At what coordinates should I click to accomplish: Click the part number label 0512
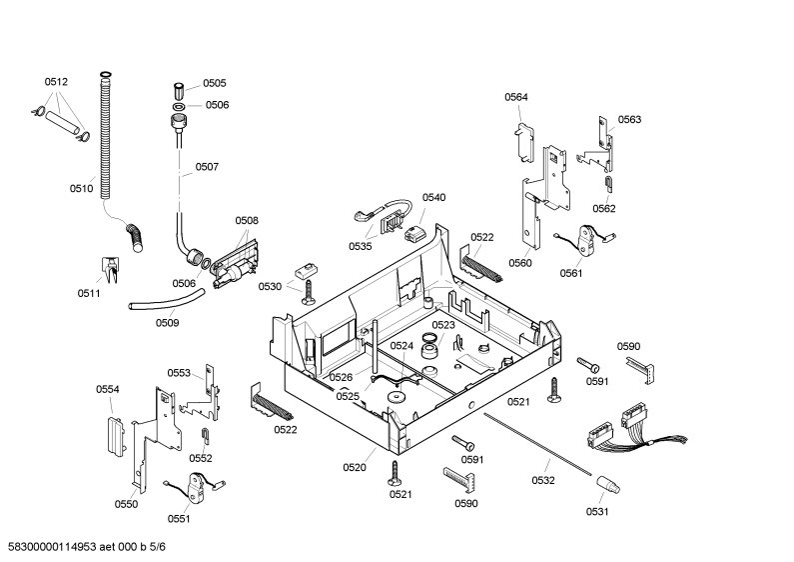point(56,82)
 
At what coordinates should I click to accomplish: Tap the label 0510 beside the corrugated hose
point(82,189)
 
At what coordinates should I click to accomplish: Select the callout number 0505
point(215,83)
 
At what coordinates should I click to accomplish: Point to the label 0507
point(207,167)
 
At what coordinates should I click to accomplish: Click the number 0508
point(247,221)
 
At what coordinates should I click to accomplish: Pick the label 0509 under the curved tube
point(167,323)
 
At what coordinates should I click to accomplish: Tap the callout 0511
point(89,293)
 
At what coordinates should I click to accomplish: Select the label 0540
point(434,198)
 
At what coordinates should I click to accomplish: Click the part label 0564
point(516,97)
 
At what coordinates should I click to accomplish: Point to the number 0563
point(629,120)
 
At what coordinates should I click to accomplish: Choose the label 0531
point(597,512)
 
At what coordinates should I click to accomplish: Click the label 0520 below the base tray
point(355,468)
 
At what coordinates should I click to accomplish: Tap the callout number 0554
point(108,390)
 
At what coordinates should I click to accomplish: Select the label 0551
point(179,519)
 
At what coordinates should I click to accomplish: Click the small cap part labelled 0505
point(180,92)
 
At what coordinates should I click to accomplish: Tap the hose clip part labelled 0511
point(110,270)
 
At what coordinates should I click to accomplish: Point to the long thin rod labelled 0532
point(537,444)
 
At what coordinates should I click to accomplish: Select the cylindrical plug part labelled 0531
point(607,484)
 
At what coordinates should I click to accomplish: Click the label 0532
point(543,480)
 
